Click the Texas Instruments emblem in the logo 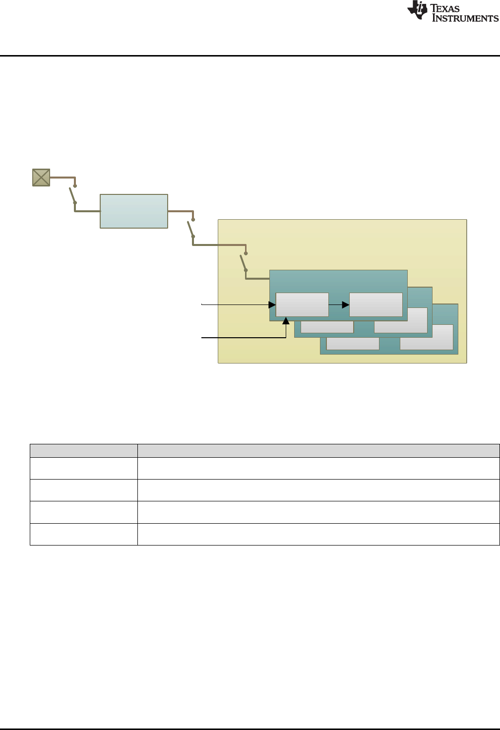(417, 10)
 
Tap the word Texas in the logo (445, 8)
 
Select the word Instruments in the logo (465, 18)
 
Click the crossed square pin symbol (41, 177)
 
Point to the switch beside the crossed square (74, 194)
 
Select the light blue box (134, 211)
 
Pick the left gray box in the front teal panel (302, 304)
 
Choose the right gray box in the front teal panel (376, 304)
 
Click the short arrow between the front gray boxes (339, 304)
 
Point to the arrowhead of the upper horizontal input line (272, 304)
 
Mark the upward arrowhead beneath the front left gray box (286, 321)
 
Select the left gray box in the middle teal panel (327, 327)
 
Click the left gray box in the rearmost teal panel (353, 344)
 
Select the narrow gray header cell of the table (83, 450)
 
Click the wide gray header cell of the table (318, 450)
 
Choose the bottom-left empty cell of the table (83, 534)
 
